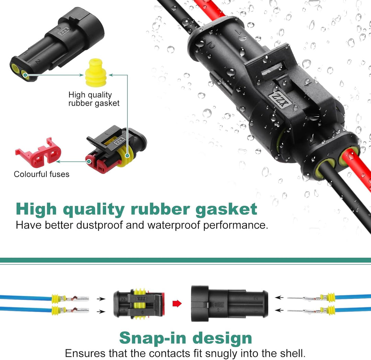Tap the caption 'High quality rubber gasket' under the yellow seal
[94, 99]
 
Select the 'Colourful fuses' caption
[42, 174]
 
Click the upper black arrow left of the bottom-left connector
[101, 299]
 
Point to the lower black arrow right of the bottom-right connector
[280, 310]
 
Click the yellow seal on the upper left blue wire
[55, 298]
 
